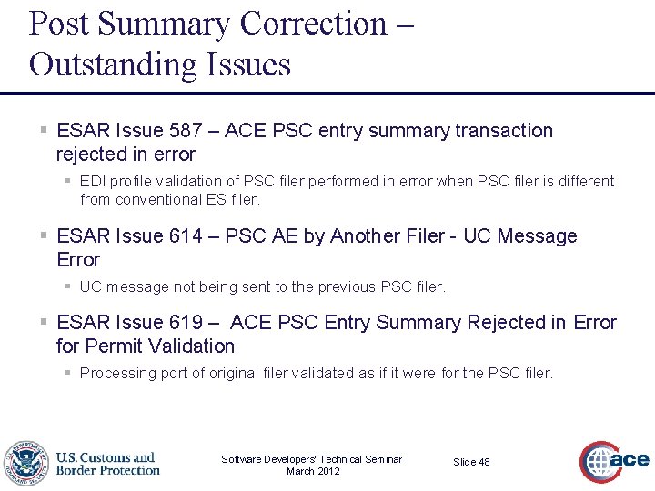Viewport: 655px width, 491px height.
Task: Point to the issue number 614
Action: pos(186,236)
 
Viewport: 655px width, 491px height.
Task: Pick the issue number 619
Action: pos(186,323)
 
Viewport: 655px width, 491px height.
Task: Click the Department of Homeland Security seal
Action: pos(26,463)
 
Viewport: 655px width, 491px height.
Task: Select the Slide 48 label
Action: pos(471,462)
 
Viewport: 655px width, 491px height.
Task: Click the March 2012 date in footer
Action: pos(313,471)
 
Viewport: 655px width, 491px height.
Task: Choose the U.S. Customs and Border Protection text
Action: pos(108,464)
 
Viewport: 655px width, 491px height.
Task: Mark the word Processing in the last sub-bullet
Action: pos(116,373)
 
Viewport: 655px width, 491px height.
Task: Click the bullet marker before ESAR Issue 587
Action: pos(44,131)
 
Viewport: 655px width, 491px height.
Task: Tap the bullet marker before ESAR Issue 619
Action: pos(44,323)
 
